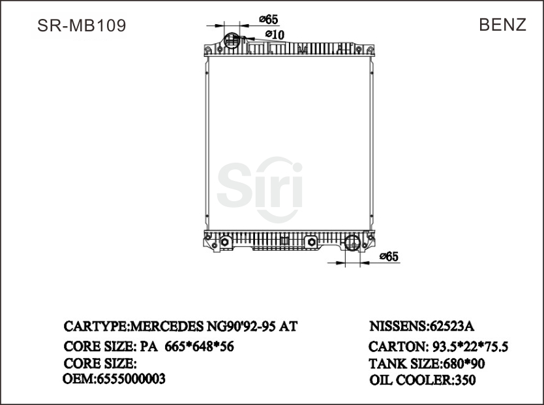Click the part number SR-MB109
point(82,25)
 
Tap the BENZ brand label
point(502,25)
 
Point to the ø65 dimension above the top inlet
point(268,20)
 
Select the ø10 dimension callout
point(274,34)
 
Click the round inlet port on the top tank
point(232,41)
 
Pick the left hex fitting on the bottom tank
point(225,243)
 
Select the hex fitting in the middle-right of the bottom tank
point(310,243)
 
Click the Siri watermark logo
point(260,185)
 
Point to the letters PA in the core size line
point(147,346)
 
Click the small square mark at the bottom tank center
point(284,240)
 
